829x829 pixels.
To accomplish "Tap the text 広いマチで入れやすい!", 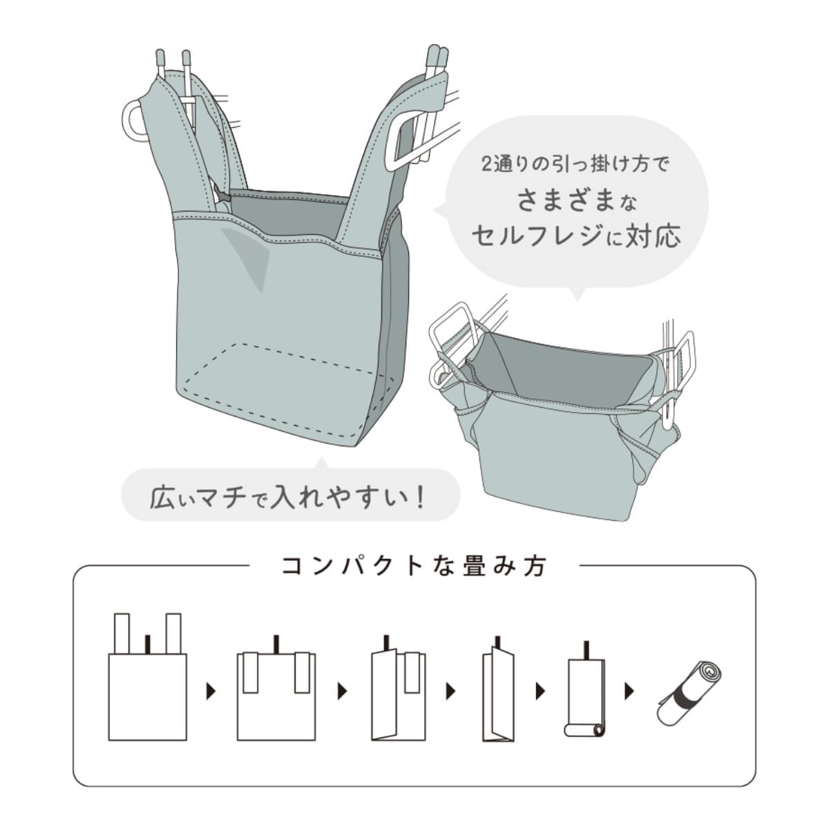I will [x=287, y=497].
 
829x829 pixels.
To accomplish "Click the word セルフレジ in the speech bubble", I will [x=542, y=236].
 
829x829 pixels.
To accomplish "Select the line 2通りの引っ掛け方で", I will [x=575, y=166].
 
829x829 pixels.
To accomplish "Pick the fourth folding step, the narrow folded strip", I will [x=498, y=691].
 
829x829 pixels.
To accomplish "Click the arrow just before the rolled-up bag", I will [x=629, y=691].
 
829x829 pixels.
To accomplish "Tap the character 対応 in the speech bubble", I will [x=653, y=236].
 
